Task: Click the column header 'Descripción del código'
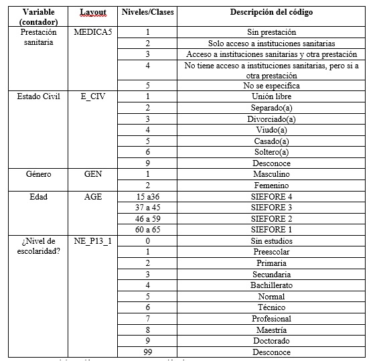point(271,13)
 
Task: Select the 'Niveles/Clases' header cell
point(147,13)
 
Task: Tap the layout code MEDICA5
point(93,31)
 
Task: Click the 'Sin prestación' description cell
point(271,32)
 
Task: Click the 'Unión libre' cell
point(271,96)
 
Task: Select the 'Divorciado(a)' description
point(271,119)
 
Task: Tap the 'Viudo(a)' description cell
point(271,129)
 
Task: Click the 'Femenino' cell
point(271,185)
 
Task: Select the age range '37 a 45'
point(147,207)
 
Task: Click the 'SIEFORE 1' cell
point(271,229)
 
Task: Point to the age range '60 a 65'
point(147,229)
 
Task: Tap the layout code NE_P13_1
point(93,240)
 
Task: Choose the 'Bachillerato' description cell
point(271,285)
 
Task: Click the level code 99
point(147,352)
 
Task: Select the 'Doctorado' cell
point(271,341)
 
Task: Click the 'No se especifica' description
point(271,86)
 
